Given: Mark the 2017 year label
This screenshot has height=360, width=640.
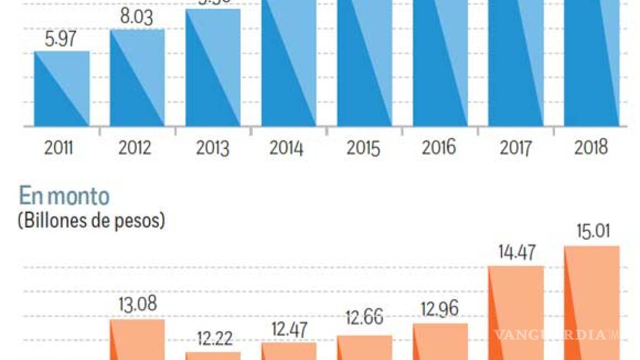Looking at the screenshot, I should coord(516,148).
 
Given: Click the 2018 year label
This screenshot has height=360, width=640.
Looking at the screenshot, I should coord(591,148).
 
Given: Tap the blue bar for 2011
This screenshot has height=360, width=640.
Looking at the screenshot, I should coord(62,89).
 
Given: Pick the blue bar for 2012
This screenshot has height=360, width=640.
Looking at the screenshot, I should coord(137,78).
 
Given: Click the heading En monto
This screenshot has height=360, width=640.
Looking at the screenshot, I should coord(64,197).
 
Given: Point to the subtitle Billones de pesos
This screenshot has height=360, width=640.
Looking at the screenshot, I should coord(92,221).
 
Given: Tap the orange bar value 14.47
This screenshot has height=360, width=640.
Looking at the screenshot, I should coord(516,253).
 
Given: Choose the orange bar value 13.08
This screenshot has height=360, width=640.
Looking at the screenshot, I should coord(137,305).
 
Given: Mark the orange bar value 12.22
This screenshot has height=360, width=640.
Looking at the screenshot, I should coord(213,339).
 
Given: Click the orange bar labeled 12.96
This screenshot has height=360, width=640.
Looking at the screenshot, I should coord(440,342).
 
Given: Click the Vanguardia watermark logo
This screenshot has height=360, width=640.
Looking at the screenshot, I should coord(556,335).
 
